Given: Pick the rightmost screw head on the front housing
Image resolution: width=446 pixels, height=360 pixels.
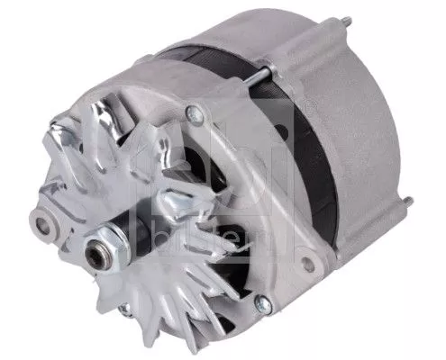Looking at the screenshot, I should point(309,263).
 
